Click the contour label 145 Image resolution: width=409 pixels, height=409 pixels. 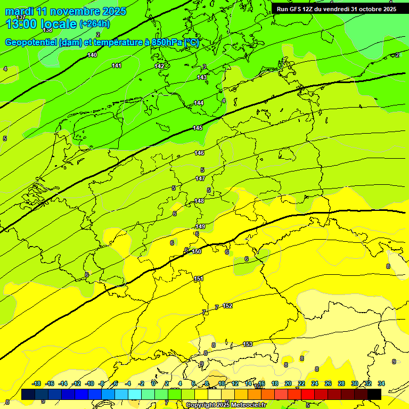pyautogui.click(x=198, y=128)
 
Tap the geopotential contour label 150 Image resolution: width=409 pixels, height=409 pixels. pyautogui.click(x=197, y=251)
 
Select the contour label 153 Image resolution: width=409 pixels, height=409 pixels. pyautogui.click(x=248, y=345)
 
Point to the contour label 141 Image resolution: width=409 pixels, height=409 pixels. pyautogui.click(x=117, y=66)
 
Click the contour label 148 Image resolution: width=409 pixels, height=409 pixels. pyautogui.click(x=199, y=201)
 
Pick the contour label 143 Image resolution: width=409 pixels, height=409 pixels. pyautogui.click(x=202, y=78)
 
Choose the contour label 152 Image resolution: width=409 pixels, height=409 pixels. pyautogui.click(x=227, y=306)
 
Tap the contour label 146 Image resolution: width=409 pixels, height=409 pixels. pyautogui.click(x=199, y=153)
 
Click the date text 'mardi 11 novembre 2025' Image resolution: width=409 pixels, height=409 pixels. pyautogui.click(x=66, y=11)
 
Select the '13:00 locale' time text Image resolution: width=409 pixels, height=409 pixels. pyautogui.click(x=42, y=23)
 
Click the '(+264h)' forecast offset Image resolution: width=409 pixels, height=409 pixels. pyautogui.click(x=95, y=24)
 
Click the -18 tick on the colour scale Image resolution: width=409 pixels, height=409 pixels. pyautogui.click(x=37, y=383)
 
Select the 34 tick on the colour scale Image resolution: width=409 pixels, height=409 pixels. pyautogui.click(x=381, y=383)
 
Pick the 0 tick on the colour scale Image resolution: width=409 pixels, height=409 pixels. pyautogui.click(x=153, y=383)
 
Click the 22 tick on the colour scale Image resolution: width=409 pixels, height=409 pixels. pyautogui.click(x=301, y=383)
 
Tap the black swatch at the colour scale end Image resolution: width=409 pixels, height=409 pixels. pyautogui.click(x=374, y=394)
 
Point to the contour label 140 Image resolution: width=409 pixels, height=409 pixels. pyautogui.click(x=92, y=55)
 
